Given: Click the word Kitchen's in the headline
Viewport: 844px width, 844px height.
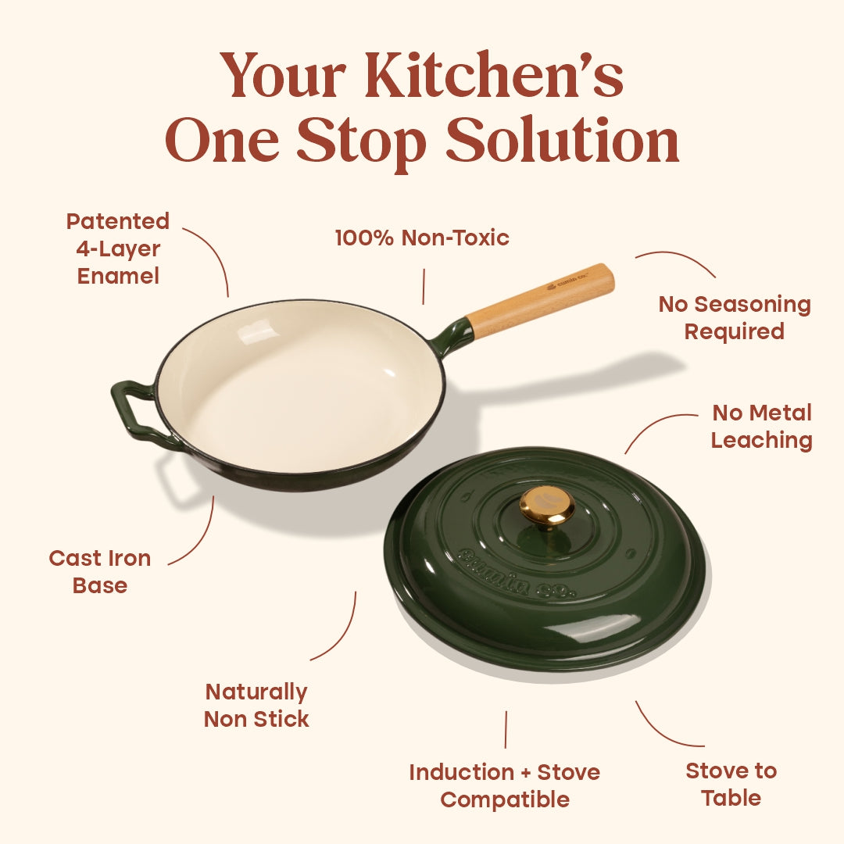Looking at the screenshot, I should point(494,76).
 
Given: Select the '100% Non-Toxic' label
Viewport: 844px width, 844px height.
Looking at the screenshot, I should point(422,238).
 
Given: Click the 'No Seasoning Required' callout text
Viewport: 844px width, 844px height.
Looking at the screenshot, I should point(734,317).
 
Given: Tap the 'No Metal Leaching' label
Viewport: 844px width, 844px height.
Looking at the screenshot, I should point(761,426).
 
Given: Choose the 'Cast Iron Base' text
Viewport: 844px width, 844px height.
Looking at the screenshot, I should point(99,571).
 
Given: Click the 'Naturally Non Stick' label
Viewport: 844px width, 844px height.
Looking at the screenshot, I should point(256,705).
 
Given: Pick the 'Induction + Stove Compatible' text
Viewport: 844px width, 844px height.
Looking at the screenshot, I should point(504,785).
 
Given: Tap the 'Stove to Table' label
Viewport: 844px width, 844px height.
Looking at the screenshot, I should point(731,784).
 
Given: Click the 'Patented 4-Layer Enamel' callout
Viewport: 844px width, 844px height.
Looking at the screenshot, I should point(118,249).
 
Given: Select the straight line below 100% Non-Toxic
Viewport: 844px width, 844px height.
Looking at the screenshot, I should point(424,287).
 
